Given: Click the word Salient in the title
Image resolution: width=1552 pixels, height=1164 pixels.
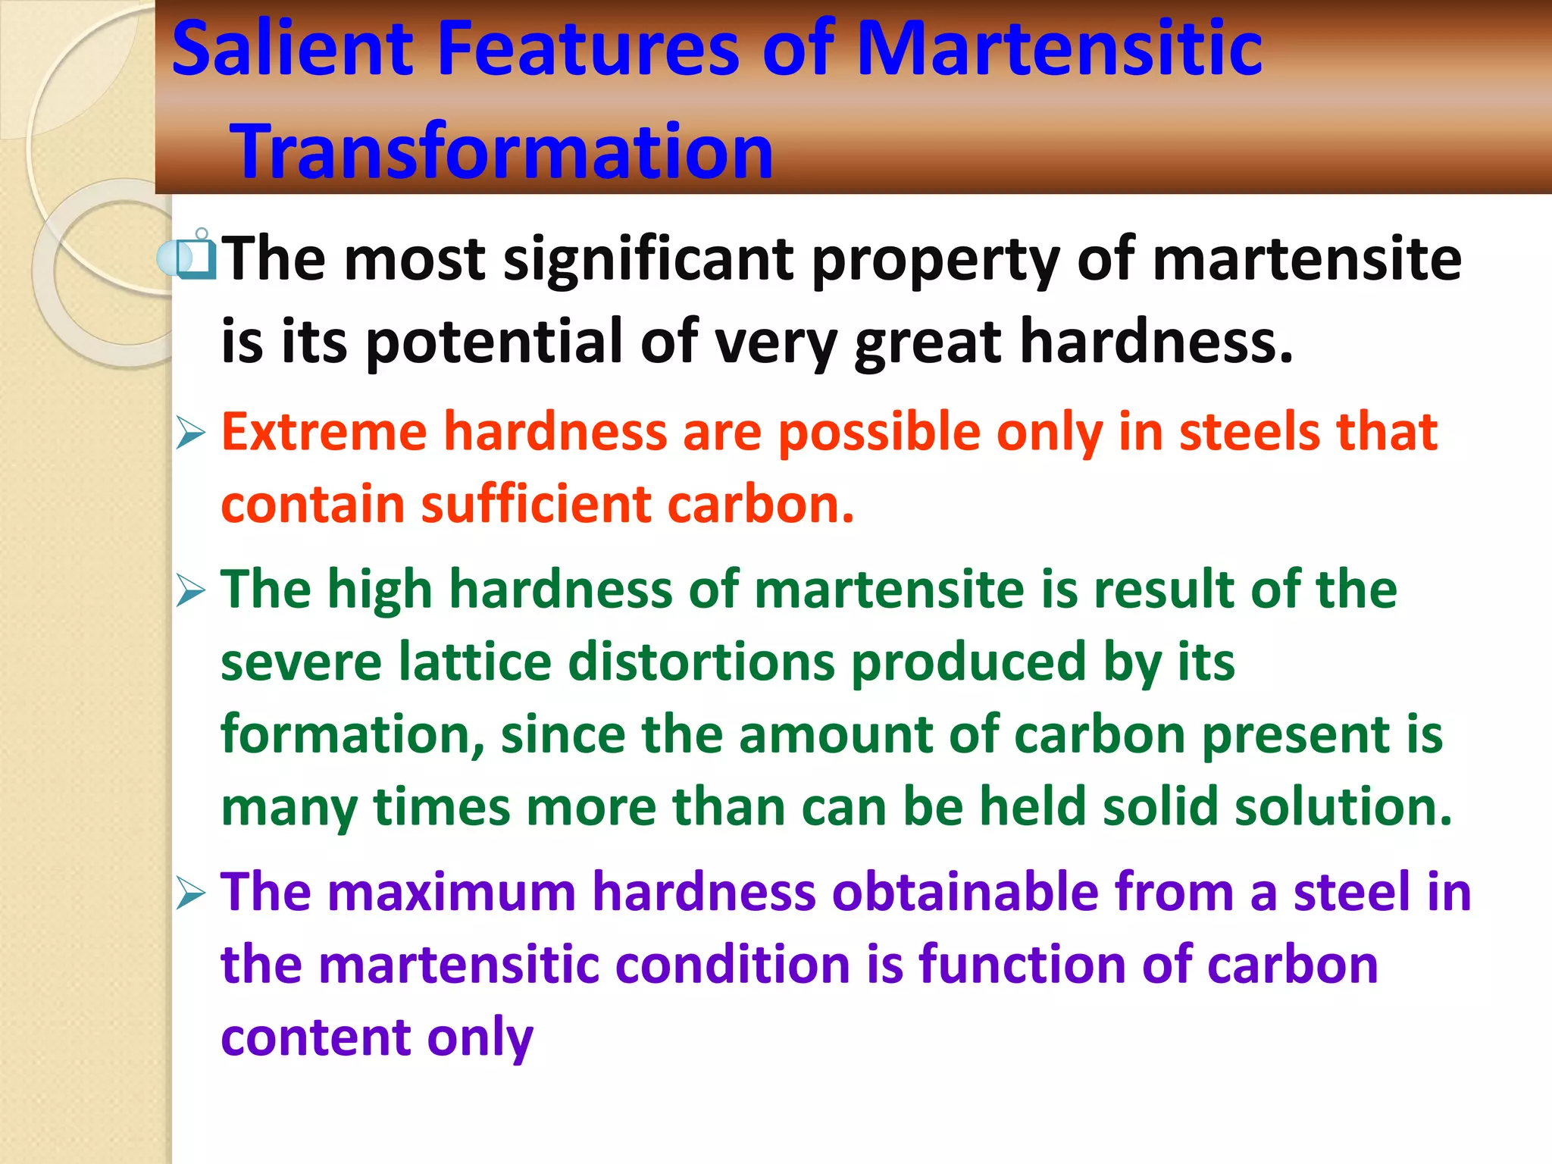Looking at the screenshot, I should (293, 48).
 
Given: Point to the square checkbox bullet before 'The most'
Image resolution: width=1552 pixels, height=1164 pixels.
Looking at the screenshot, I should (196, 258).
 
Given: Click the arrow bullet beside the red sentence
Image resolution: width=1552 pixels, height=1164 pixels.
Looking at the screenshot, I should (190, 433).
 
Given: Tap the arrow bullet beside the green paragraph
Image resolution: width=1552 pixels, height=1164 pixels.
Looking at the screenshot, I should (190, 590).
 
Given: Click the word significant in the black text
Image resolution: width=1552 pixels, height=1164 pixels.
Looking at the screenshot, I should (648, 260).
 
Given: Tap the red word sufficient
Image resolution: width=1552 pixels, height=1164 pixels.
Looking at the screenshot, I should (535, 505).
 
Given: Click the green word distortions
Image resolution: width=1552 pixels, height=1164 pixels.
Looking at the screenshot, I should (701, 662).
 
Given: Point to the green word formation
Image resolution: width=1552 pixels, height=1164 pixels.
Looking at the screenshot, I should (352, 734).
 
